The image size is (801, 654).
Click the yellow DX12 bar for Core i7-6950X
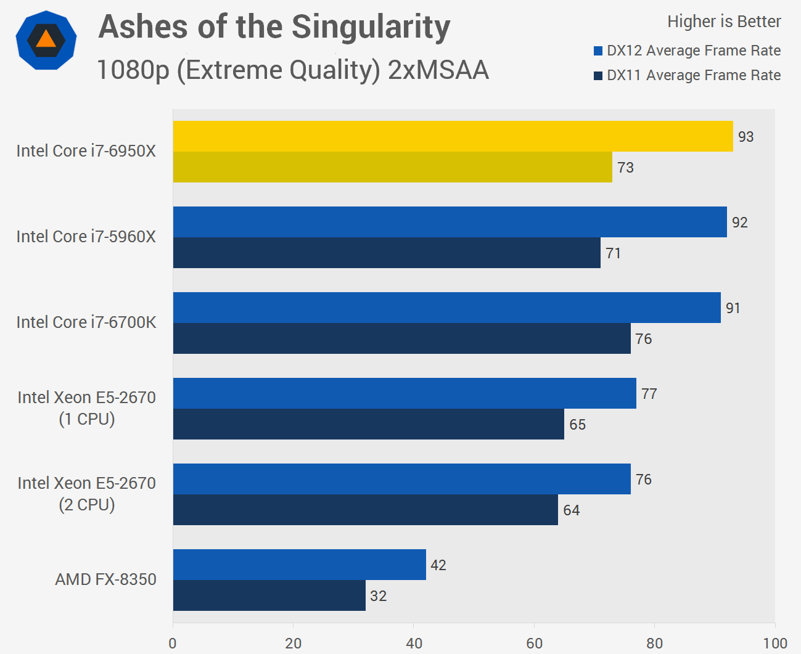click(x=453, y=136)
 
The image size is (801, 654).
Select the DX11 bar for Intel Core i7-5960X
click(x=387, y=253)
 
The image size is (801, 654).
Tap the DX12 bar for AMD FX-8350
click(x=299, y=565)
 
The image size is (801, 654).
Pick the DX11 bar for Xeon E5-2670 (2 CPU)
click(x=365, y=510)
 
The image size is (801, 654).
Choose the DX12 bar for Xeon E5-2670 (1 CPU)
click(x=405, y=393)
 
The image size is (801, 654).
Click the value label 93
click(x=746, y=137)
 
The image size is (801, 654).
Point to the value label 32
click(x=378, y=596)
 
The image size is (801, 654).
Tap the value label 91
click(x=733, y=308)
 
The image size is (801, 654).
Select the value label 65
click(x=577, y=425)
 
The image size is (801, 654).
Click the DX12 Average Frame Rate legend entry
click(x=687, y=51)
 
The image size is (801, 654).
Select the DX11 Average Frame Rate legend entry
click(x=687, y=75)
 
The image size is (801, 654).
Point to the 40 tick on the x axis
click(x=414, y=644)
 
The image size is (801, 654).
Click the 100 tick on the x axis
click(x=774, y=644)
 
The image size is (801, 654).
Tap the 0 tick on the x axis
click(x=173, y=644)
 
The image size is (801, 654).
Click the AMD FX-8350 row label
click(x=105, y=579)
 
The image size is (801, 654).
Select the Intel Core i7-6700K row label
click(x=86, y=322)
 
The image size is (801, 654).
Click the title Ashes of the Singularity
click(x=274, y=27)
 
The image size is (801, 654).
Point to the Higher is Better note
click(x=724, y=22)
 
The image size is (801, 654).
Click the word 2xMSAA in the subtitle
click(x=438, y=70)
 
